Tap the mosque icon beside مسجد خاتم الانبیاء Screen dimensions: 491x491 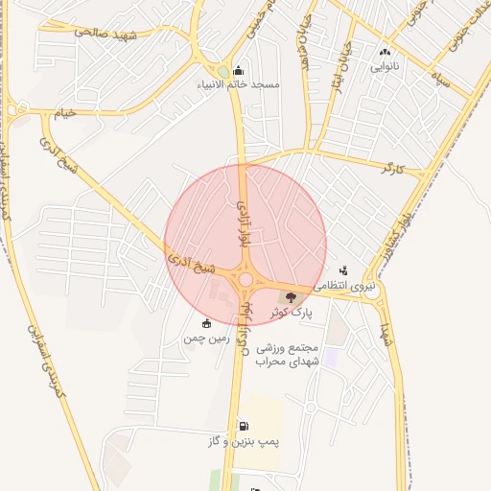tap(239, 70)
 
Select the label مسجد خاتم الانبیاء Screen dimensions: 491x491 tap(239, 84)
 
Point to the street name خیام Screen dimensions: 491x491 tap(65, 113)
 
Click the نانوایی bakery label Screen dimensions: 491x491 tap(386, 67)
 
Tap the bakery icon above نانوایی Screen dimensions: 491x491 tap(386, 53)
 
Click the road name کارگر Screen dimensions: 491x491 tap(394, 169)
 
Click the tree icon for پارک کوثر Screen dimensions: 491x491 tap(292, 297)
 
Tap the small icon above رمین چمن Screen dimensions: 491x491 tap(207, 323)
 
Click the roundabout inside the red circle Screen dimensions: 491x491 tap(245, 279)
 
